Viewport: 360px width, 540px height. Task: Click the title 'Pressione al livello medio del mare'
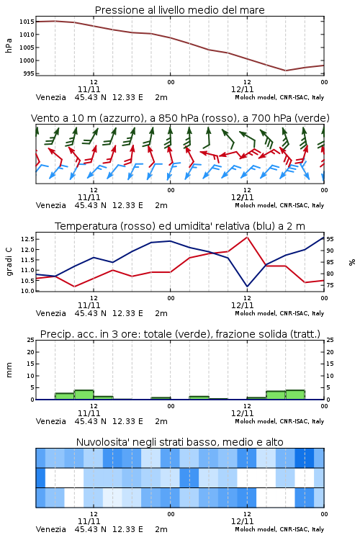179,10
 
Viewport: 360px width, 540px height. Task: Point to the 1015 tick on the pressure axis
27,22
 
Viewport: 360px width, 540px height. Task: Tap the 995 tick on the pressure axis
28,73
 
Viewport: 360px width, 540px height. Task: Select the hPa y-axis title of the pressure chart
9,45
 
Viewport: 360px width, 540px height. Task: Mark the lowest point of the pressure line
285,71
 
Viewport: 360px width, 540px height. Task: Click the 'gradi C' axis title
9,261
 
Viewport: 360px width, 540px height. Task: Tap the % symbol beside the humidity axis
352,262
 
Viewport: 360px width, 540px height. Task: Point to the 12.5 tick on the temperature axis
27,238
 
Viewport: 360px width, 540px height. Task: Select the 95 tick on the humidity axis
330,238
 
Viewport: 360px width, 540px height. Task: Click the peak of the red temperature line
247,237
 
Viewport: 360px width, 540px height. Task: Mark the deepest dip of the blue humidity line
247,287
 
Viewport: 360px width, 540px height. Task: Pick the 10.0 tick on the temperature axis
27,291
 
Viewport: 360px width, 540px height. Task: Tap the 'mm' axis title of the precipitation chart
9,370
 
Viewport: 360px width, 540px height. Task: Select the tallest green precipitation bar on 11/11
84,395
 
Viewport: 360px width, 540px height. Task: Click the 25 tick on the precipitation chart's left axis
31,340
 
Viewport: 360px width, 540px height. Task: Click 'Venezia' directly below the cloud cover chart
50,529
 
